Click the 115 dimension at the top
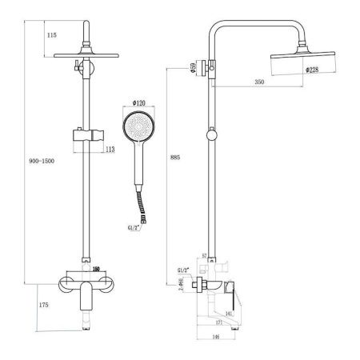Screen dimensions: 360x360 tap(52, 35)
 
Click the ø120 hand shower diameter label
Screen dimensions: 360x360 tap(138, 103)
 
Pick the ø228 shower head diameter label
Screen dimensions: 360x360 tap(314, 70)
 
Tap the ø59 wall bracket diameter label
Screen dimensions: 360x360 tap(194, 69)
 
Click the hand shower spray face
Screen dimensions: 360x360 tap(138, 127)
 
